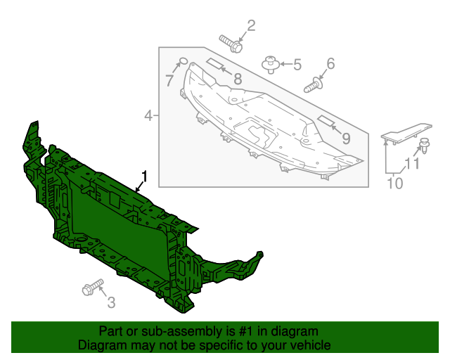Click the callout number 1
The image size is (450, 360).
click(146, 176)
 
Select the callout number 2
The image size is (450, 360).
click(250, 27)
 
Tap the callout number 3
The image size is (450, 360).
click(111, 303)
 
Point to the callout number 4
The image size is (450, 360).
click(148, 115)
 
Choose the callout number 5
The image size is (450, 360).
click(297, 65)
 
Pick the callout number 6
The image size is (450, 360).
click(330, 64)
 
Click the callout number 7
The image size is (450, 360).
click(169, 81)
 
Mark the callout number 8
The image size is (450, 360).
click(238, 79)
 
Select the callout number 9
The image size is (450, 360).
click(346, 139)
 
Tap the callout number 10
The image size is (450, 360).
click(395, 184)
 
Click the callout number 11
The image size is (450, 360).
click(412, 165)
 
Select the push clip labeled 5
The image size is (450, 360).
click(270, 65)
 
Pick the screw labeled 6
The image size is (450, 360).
click(313, 87)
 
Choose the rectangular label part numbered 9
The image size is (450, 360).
click(328, 120)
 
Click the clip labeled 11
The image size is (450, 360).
click(424, 146)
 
